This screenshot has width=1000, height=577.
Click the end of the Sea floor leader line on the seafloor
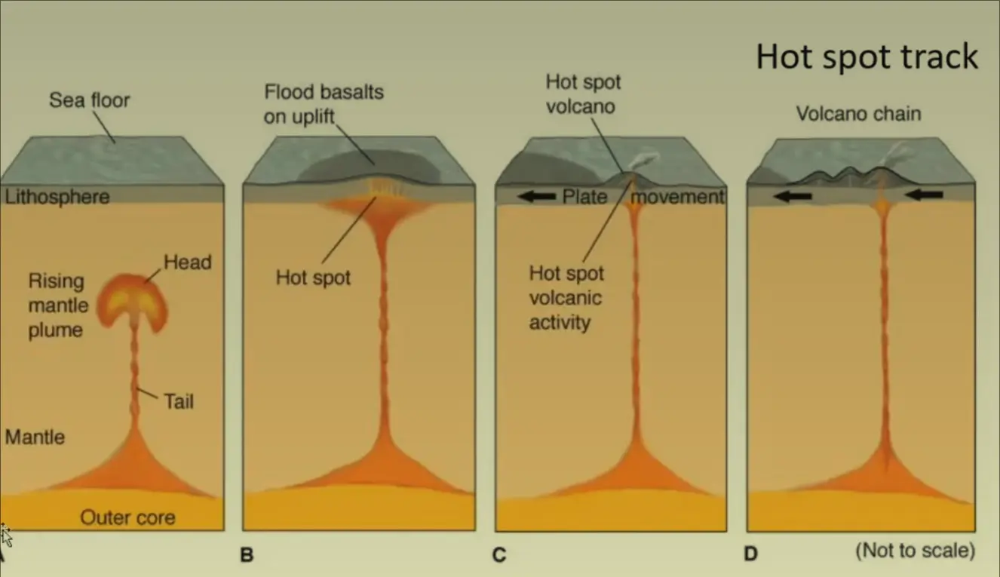pyautogui.click(x=115, y=143)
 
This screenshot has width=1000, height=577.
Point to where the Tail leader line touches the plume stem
pyautogui.click(x=137, y=389)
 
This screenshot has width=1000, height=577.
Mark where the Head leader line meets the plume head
pyautogui.click(x=145, y=282)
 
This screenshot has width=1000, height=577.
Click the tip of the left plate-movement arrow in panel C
pyautogui.click(x=518, y=196)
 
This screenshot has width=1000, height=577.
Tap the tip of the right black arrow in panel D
pyautogui.click(x=906, y=195)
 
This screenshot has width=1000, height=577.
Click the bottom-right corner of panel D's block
pyautogui.click(x=975, y=531)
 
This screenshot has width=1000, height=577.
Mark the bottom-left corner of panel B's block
pyautogui.click(x=243, y=530)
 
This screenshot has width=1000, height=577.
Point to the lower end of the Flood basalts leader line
pyautogui.click(x=374, y=164)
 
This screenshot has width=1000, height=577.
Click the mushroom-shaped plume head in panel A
pyautogui.click(x=133, y=301)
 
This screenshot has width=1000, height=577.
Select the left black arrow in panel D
pyautogui.click(x=793, y=196)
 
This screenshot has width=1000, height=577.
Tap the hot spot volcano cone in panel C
pyautogui.click(x=630, y=180)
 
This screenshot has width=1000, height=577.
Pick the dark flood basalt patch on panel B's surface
pyautogui.click(x=370, y=166)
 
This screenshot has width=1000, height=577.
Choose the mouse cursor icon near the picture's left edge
pyautogui.click(x=5, y=536)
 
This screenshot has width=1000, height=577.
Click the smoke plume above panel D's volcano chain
pyautogui.click(x=897, y=155)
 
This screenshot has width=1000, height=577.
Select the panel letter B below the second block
pyautogui.click(x=247, y=554)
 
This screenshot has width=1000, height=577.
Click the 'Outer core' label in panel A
pyautogui.click(x=127, y=517)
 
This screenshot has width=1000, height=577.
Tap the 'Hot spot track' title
pyautogui.click(x=867, y=57)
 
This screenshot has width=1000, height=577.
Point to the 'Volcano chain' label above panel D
pyautogui.click(x=858, y=113)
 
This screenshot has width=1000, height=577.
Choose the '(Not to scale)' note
pyautogui.click(x=916, y=550)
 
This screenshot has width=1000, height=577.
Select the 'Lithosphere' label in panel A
pyautogui.click(x=57, y=197)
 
